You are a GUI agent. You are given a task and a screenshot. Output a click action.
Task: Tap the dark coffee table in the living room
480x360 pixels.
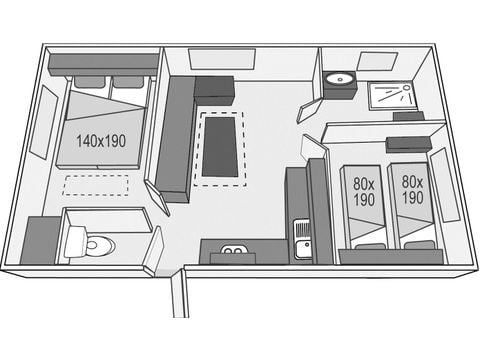tap(221, 145)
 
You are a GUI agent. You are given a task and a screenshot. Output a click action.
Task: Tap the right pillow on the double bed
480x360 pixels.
tap(127, 82)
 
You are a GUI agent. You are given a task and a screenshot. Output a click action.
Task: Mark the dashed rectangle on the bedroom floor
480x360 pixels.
tap(96, 186)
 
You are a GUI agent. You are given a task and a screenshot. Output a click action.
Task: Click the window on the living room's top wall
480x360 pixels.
tap(217, 59)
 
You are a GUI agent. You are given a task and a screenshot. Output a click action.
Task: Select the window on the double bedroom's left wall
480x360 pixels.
tap(44, 121)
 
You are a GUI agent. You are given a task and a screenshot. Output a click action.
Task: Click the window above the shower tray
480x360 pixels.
tap(377, 61)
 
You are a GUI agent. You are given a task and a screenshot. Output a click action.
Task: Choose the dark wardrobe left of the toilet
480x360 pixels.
tap(40, 241)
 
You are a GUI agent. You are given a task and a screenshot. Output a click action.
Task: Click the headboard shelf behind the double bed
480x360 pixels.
tap(103, 63)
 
